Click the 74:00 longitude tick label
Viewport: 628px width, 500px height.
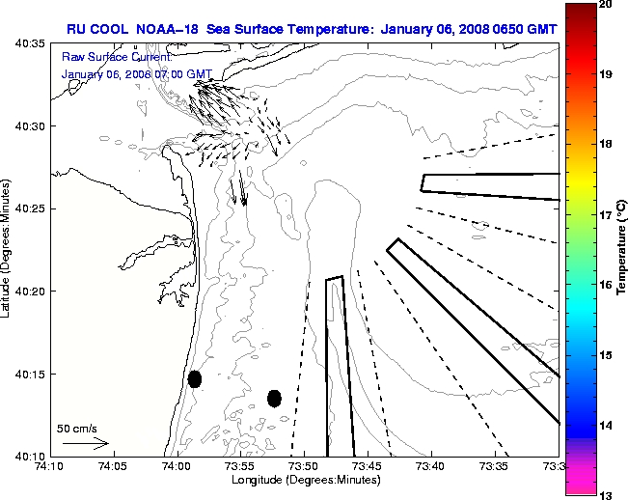176,467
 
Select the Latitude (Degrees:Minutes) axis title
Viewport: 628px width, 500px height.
8,249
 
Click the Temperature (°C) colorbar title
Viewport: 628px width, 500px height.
622,249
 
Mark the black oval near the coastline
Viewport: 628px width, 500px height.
195,378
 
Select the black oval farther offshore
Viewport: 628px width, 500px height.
274,398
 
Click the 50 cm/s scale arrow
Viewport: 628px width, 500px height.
85,443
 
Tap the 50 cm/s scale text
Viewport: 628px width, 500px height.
76,428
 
